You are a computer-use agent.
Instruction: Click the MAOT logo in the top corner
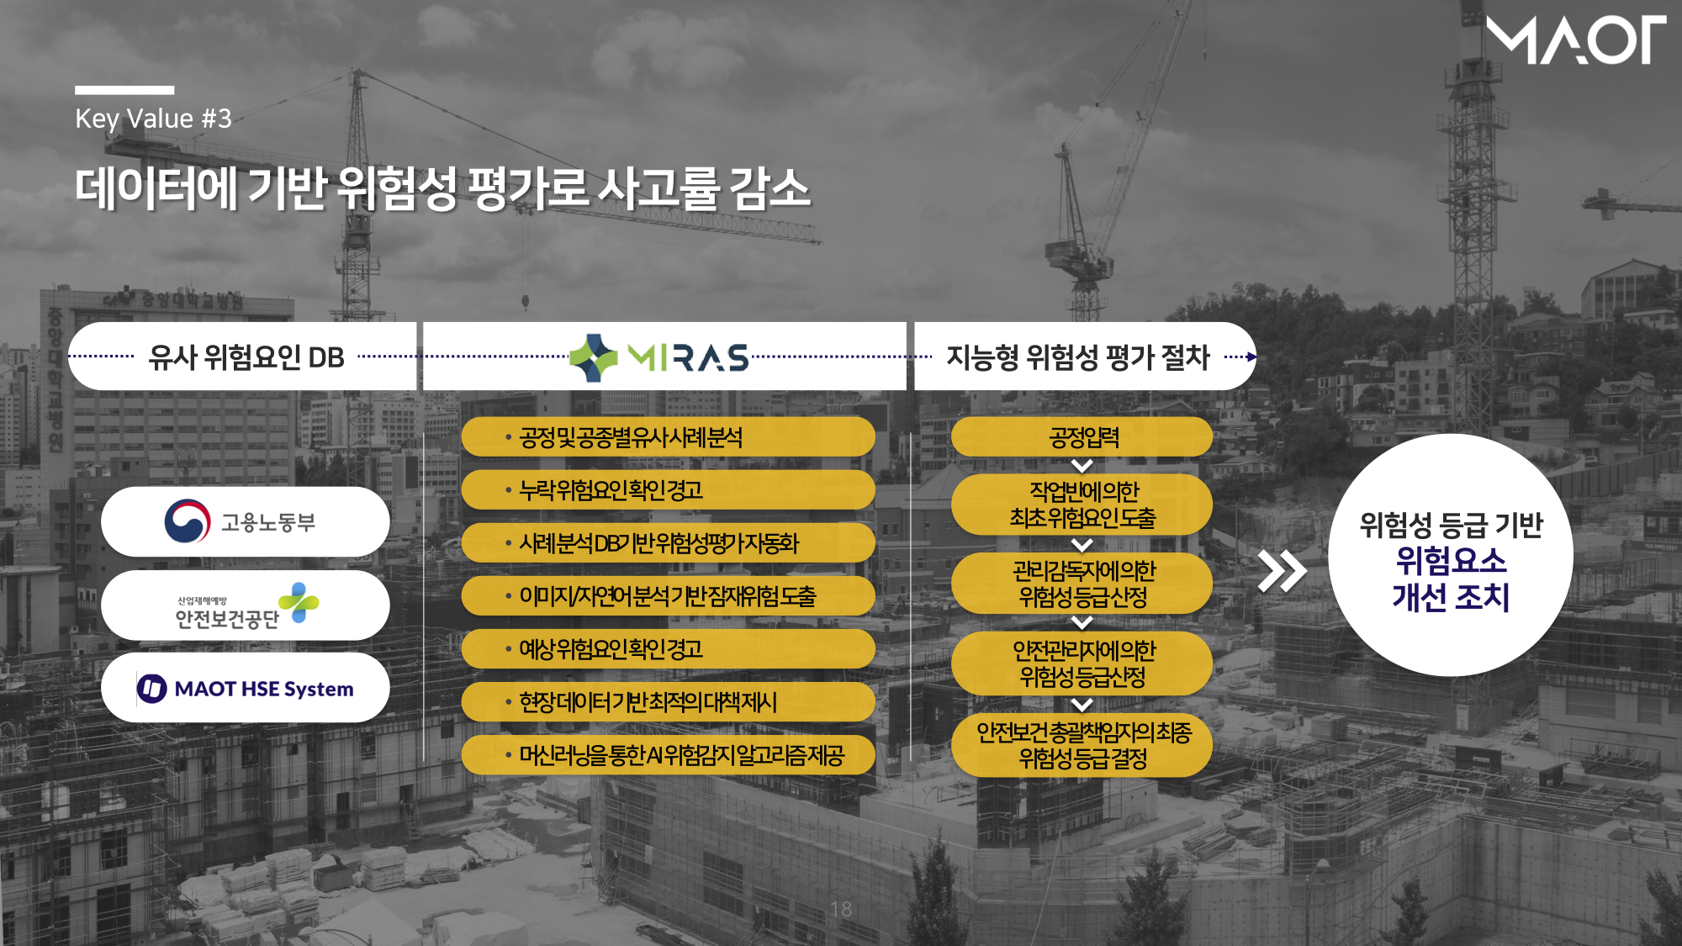click(1575, 40)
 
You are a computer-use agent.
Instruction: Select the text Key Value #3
click(153, 119)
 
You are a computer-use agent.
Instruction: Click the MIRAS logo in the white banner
click(659, 357)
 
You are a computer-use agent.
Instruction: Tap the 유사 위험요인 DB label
click(246, 357)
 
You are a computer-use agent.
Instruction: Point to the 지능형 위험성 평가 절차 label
click(1078, 357)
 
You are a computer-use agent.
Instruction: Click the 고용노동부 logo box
click(245, 521)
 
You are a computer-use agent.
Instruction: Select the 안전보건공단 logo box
click(245, 605)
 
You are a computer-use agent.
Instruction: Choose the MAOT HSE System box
click(245, 688)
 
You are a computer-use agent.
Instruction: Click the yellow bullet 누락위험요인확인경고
click(668, 489)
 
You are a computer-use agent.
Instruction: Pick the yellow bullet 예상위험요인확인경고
click(668, 648)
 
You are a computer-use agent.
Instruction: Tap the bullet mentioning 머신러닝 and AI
click(668, 754)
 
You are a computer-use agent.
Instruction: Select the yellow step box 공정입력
click(1082, 437)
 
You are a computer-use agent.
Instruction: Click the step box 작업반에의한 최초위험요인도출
click(1082, 505)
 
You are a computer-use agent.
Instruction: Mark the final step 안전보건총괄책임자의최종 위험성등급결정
click(1082, 745)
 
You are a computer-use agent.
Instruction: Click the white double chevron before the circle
click(1282, 572)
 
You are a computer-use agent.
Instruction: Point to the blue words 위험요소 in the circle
click(1451, 561)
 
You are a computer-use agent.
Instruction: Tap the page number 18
click(841, 909)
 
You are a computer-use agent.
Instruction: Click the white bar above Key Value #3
click(124, 90)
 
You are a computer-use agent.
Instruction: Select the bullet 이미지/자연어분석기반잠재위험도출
click(668, 595)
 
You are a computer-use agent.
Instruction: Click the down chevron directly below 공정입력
click(1082, 466)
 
